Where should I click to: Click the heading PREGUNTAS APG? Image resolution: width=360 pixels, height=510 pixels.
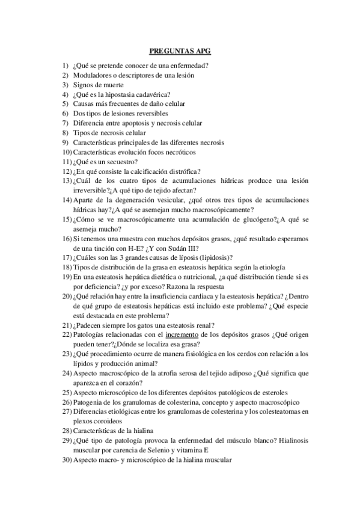pyautogui.click(x=180, y=52)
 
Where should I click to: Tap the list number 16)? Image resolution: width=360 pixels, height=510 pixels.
pyautogui.click(x=67, y=238)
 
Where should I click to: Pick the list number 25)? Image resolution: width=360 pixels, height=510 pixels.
pyautogui.click(x=67, y=392)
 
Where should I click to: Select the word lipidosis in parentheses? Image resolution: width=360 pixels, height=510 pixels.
pyautogui.click(x=213, y=257)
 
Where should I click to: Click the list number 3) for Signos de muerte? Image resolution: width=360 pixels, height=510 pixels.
pyautogui.click(x=65, y=85)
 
